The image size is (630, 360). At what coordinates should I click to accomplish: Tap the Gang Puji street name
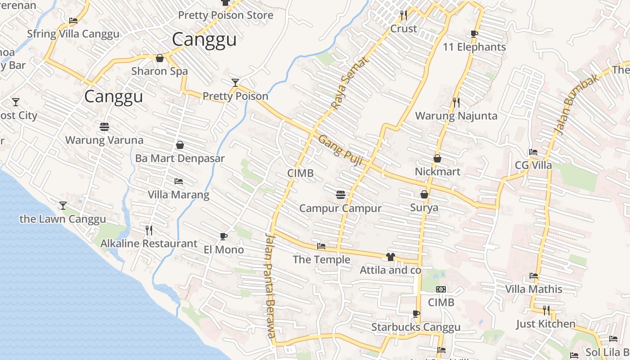pos(340,150)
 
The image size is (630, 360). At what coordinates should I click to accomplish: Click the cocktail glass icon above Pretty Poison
pos(235,82)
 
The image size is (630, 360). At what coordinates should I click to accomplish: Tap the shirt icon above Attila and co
pos(390,257)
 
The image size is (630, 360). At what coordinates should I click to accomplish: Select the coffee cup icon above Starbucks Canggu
pos(416,314)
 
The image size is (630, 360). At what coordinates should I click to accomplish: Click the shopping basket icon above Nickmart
pos(437,158)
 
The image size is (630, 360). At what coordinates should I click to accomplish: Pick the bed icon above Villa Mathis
pos(534,275)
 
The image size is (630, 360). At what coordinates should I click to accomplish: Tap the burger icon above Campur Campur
pos(340,194)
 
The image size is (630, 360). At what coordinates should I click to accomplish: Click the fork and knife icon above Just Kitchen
pos(546,310)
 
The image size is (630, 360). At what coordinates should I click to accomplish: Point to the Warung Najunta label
pos(456,116)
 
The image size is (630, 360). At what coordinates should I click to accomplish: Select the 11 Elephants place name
pos(474,47)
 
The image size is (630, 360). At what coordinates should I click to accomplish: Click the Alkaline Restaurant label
pos(148,244)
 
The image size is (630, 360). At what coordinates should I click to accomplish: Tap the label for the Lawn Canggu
pos(63,219)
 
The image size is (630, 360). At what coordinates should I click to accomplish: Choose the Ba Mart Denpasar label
pos(180,159)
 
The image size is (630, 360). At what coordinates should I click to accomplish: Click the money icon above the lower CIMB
pos(441,289)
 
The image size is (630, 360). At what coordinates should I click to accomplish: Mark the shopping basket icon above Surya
pos(424,194)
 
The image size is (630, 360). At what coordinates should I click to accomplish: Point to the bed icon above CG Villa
pos(533,152)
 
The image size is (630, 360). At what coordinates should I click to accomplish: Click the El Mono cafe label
pos(224,250)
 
